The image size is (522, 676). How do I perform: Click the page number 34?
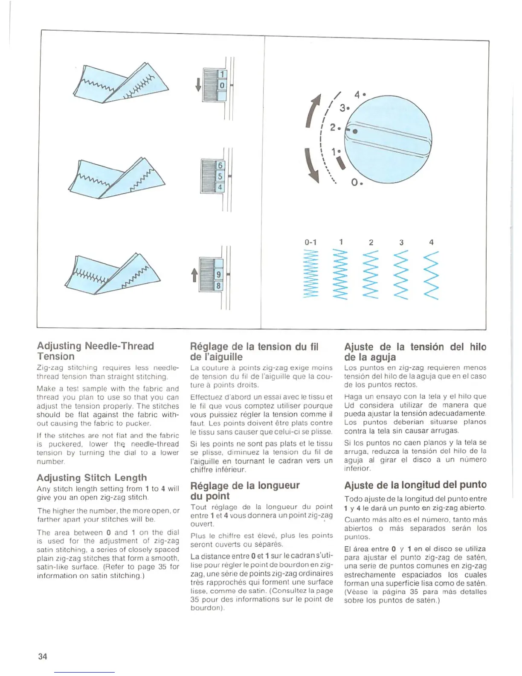43,656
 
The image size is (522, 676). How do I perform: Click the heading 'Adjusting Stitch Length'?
92,478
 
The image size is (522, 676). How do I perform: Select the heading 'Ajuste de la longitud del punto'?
415,485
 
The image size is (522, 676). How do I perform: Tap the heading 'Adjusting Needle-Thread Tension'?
95,351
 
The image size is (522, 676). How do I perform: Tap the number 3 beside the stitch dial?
343,108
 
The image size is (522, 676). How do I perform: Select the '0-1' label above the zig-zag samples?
310,242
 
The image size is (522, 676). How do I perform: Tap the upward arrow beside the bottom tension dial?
194,275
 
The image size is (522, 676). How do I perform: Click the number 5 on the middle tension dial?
220,176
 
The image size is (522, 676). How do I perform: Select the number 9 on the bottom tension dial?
218,274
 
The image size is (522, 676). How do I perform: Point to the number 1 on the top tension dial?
222,75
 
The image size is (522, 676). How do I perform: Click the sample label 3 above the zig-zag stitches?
401,242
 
